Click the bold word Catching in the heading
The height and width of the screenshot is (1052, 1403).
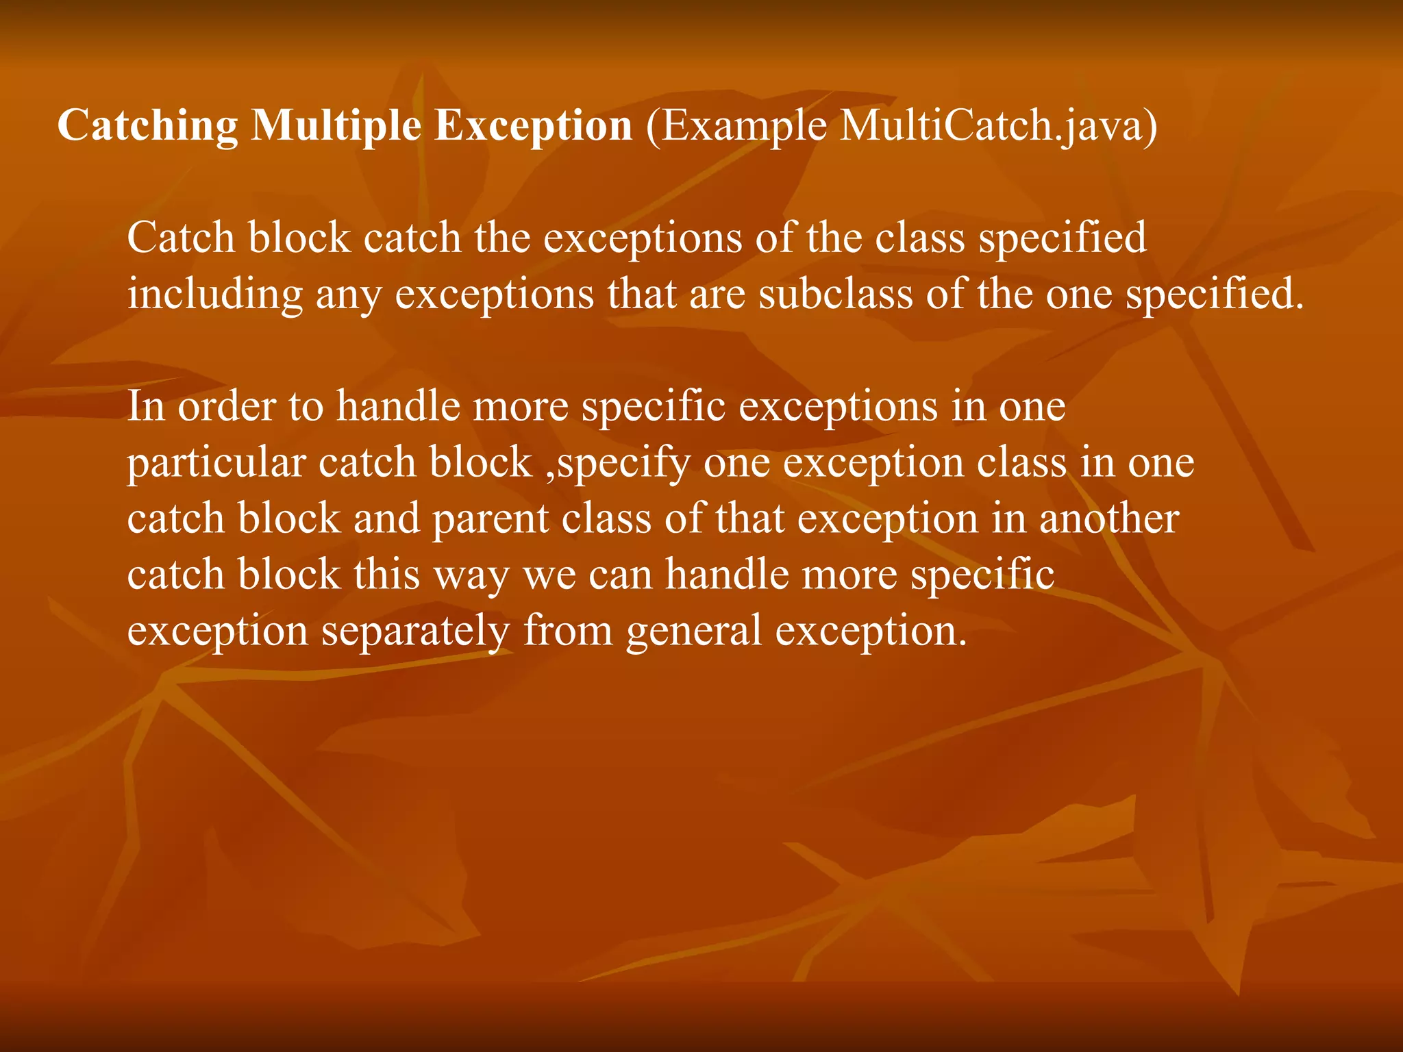[147, 126]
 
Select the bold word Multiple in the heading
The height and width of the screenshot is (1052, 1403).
[336, 126]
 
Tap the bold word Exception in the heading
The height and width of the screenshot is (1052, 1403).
[533, 126]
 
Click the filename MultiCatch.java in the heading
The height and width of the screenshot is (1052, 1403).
[987, 126]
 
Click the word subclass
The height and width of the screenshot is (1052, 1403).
[836, 294]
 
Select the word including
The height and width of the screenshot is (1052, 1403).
[215, 295]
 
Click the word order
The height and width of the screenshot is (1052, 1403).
[226, 406]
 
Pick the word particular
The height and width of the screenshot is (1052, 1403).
[216, 464]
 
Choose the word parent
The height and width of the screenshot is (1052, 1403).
[490, 520]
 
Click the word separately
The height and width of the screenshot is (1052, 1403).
[415, 631]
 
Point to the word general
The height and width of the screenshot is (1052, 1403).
[693, 631]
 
